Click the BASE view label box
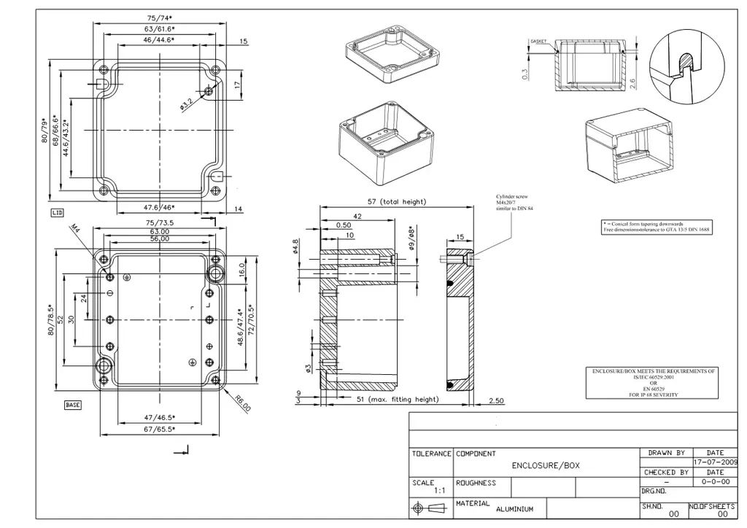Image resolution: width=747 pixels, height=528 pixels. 73,405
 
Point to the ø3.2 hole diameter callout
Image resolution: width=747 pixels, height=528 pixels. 187,104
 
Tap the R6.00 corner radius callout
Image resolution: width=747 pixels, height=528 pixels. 242,403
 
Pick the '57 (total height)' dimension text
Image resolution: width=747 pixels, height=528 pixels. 395,201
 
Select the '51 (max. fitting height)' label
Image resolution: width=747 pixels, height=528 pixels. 398,399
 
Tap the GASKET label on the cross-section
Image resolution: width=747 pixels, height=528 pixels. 538,42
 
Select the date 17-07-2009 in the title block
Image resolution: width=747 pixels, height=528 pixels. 715,462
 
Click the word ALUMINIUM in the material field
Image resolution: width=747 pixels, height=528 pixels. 514,509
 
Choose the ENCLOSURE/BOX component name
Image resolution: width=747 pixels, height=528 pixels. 546,465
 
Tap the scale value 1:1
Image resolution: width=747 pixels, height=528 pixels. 440,491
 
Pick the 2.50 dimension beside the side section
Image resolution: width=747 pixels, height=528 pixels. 496,400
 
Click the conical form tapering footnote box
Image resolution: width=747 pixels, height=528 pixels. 656,226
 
